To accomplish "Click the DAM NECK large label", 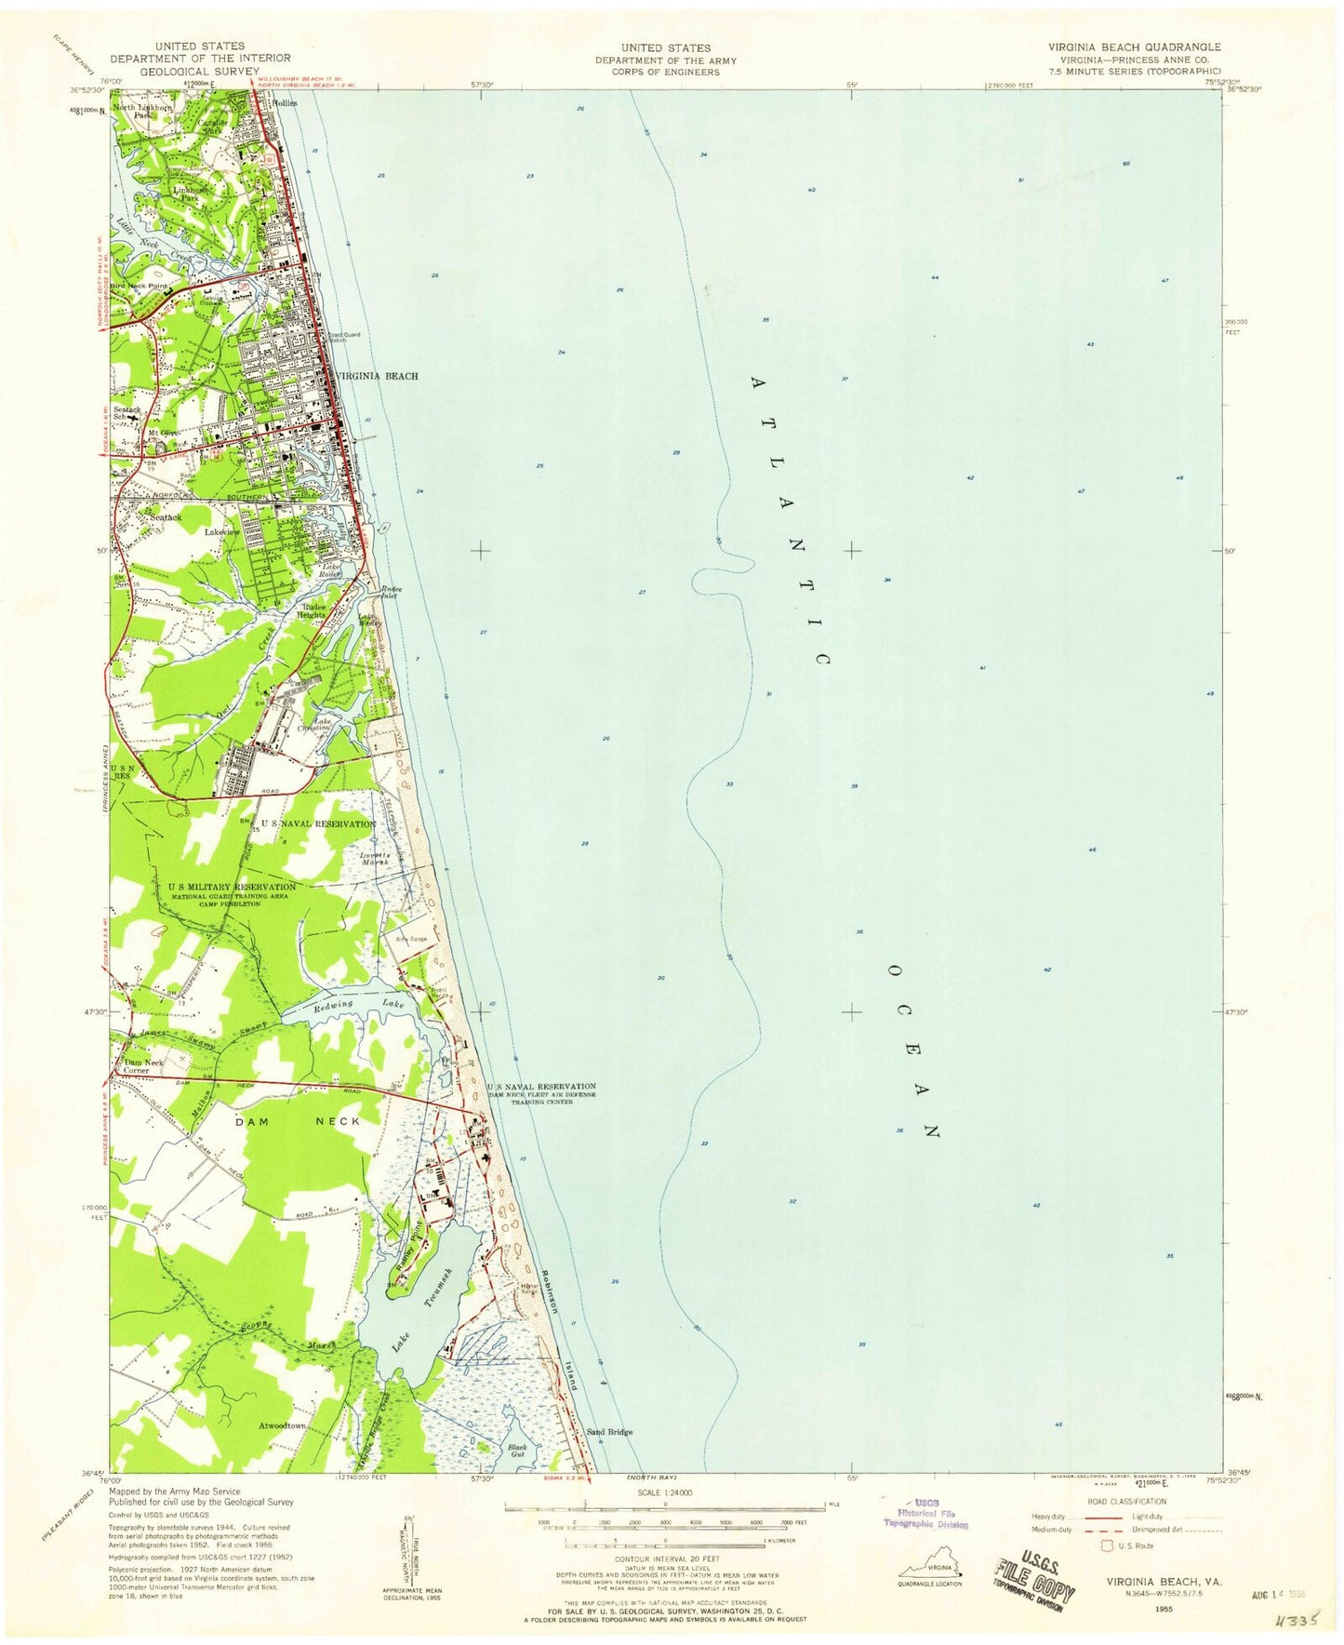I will (x=297, y=1122).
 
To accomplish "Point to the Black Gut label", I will (x=517, y=1451).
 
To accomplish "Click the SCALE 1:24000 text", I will (x=664, y=1491).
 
